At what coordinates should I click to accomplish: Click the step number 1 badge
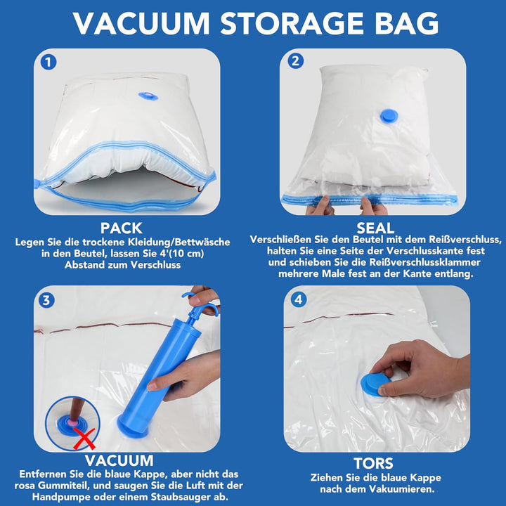pyautogui.click(x=48, y=63)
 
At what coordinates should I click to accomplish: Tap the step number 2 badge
pyautogui.click(x=295, y=60)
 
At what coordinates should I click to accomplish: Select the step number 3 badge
pyautogui.click(x=46, y=301)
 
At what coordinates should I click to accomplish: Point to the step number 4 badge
pyautogui.click(x=299, y=300)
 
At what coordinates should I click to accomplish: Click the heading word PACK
pyautogui.click(x=122, y=228)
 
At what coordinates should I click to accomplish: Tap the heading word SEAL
pyautogui.click(x=375, y=228)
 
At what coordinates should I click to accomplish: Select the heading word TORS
pyautogui.click(x=374, y=463)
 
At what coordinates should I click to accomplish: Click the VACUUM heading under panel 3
pyautogui.click(x=119, y=460)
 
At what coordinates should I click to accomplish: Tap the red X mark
pyautogui.click(x=84, y=439)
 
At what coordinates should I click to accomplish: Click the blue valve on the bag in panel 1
pyautogui.click(x=148, y=96)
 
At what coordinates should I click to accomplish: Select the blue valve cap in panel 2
pyautogui.click(x=389, y=116)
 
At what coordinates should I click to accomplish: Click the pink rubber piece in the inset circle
pyautogui.click(x=72, y=422)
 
